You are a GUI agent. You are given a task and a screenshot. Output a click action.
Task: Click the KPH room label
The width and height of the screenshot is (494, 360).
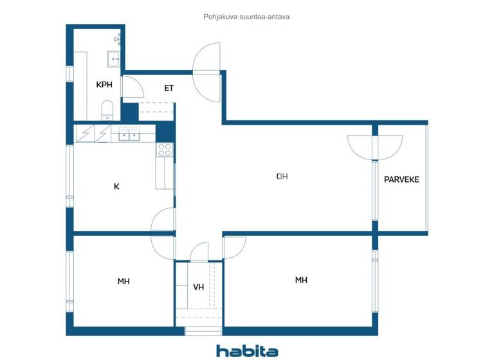104,85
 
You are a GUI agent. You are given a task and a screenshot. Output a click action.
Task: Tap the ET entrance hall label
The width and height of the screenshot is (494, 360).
169,88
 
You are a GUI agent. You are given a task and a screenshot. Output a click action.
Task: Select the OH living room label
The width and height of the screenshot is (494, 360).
281,176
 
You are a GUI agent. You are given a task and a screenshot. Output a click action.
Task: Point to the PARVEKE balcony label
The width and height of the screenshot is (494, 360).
401,179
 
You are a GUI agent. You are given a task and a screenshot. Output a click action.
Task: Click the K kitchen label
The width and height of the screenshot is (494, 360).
116,186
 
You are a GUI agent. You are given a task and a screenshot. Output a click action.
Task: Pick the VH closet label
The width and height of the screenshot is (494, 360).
198,287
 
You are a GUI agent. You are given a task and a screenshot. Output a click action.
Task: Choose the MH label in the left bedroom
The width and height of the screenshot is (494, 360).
123,281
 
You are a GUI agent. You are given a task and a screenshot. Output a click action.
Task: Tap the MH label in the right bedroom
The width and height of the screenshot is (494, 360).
300,280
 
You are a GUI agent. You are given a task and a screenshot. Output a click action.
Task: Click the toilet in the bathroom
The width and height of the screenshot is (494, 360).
107,110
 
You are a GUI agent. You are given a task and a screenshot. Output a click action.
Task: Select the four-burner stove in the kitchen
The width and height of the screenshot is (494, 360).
165,150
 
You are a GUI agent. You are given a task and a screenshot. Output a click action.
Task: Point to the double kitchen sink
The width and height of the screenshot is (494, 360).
129,135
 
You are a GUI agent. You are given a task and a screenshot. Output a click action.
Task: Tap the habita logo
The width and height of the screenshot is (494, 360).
247,350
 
